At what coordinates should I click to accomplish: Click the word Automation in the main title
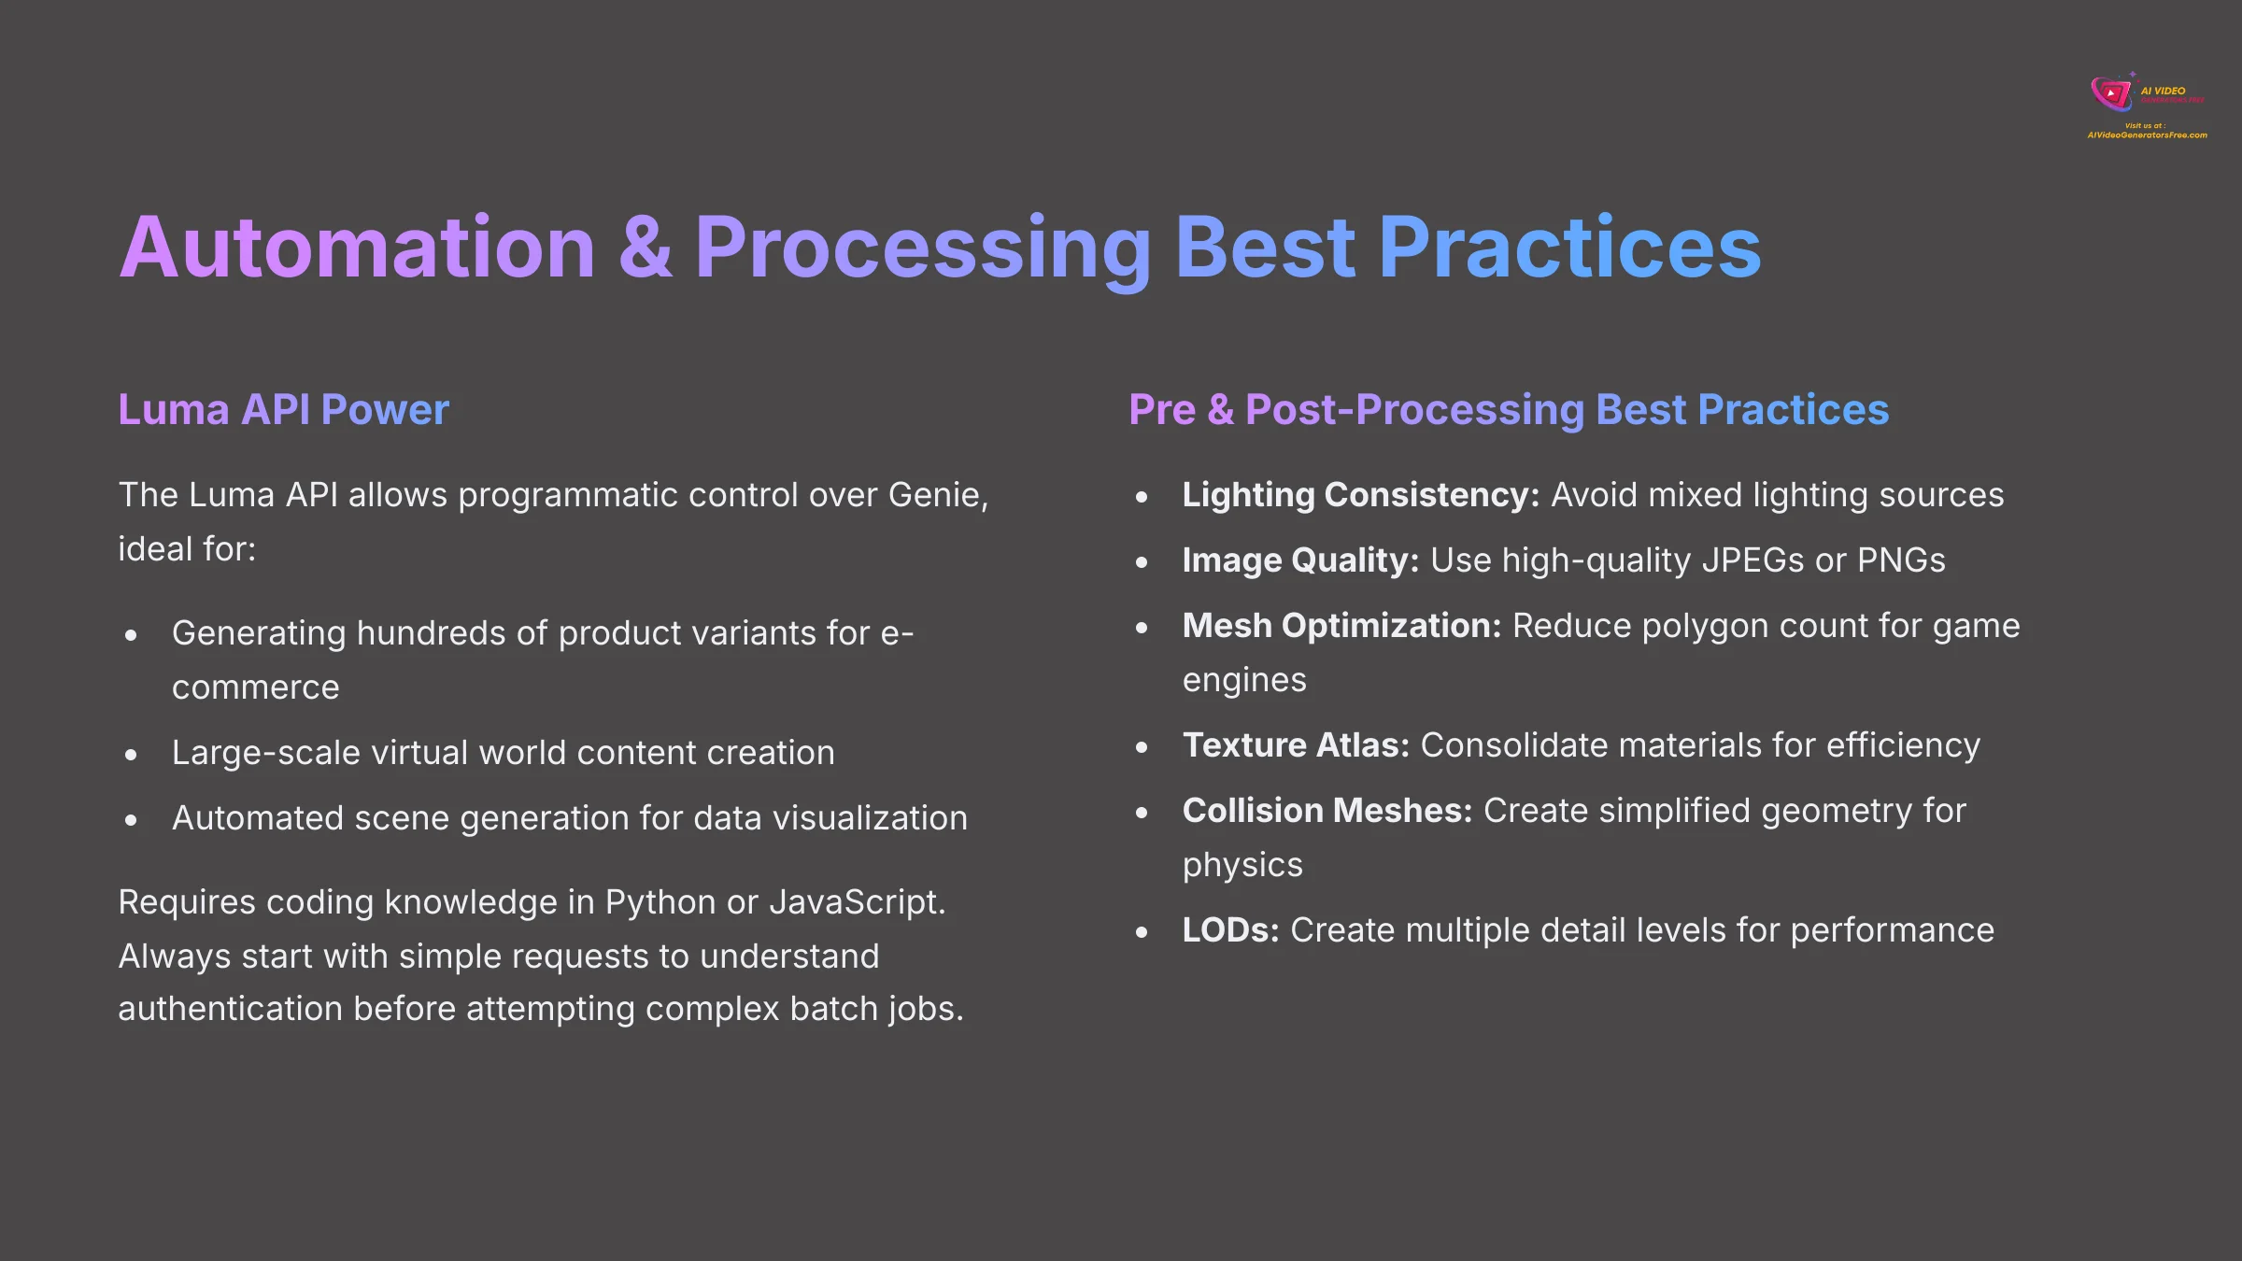point(357,248)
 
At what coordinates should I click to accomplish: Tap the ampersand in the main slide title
point(645,248)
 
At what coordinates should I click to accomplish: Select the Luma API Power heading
point(283,410)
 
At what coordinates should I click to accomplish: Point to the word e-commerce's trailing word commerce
point(255,687)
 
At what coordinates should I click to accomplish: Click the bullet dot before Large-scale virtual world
point(132,755)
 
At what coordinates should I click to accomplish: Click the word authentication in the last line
point(230,1009)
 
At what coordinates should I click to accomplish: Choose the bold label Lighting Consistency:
point(1360,495)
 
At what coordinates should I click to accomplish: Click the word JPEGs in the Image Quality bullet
point(1752,560)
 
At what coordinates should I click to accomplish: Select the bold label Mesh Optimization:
point(1341,626)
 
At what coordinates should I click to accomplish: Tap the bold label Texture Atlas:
point(1296,745)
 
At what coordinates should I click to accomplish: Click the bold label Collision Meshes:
point(1327,811)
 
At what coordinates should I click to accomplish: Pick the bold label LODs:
point(1230,930)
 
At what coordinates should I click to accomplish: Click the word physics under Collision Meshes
point(1242,865)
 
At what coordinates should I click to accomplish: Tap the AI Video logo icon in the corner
point(2113,92)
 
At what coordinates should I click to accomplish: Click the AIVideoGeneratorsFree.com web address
point(2147,135)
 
